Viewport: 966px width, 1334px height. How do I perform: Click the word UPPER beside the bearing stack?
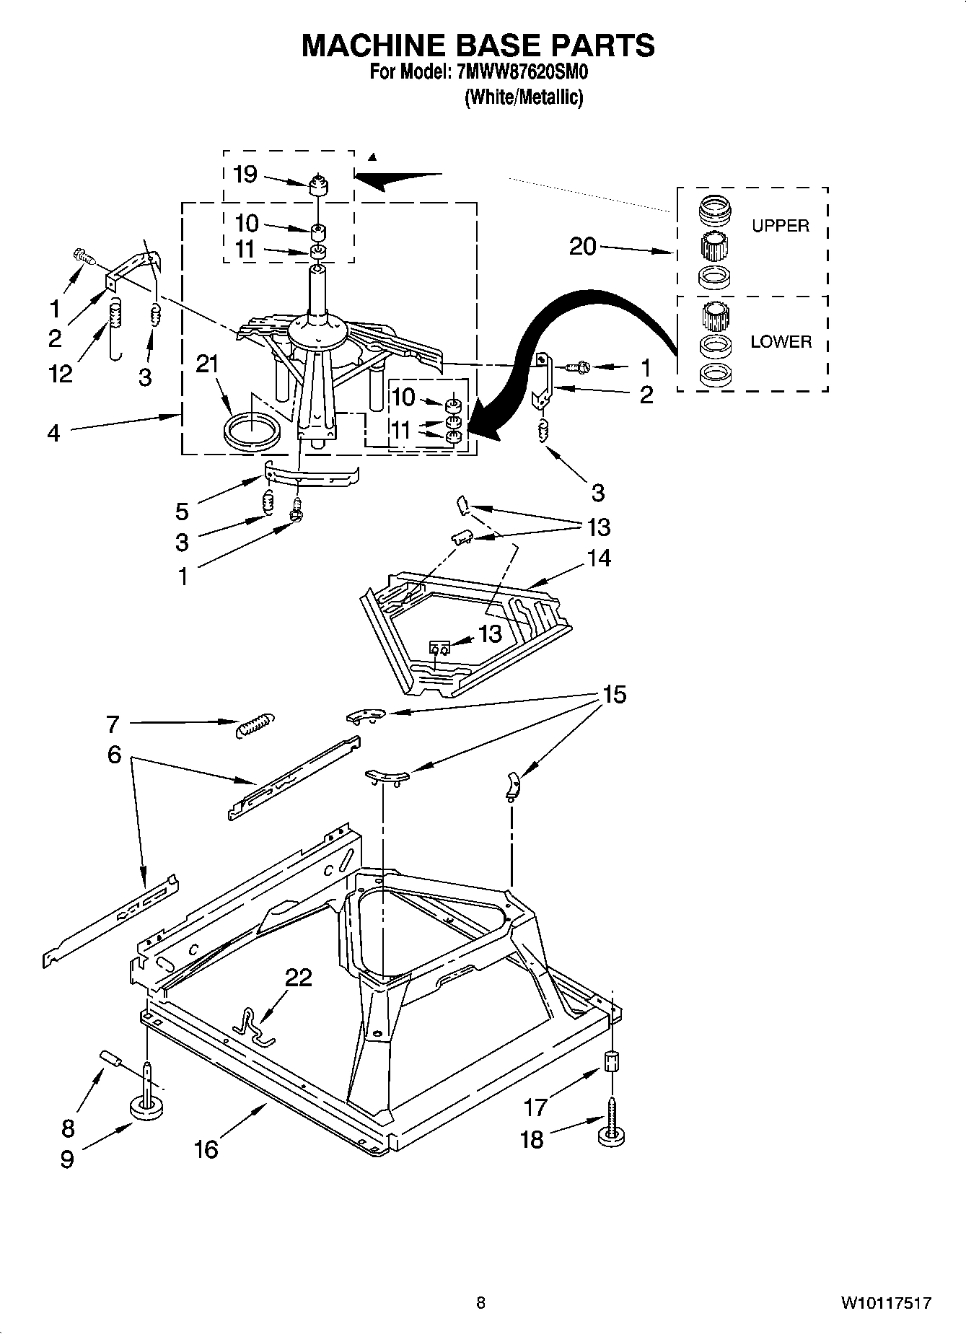click(780, 226)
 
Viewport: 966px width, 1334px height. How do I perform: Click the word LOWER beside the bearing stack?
click(781, 342)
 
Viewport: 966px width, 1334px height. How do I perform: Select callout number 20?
click(583, 247)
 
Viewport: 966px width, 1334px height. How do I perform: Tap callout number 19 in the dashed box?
click(245, 174)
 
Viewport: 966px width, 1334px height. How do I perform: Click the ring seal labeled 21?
click(250, 432)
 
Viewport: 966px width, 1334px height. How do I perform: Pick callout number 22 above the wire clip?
click(298, 977)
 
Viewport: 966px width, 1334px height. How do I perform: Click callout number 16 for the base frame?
click(206, 1149)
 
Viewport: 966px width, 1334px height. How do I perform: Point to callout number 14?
click(599, 558)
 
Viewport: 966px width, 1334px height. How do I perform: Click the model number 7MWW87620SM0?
click(517, 73)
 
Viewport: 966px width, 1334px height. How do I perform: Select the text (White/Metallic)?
click(523, 97)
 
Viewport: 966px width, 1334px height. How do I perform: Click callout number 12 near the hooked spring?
click(61, 373)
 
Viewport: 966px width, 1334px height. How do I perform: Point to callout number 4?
click(54, 434)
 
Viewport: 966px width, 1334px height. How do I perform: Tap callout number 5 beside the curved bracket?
click(182, 512)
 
